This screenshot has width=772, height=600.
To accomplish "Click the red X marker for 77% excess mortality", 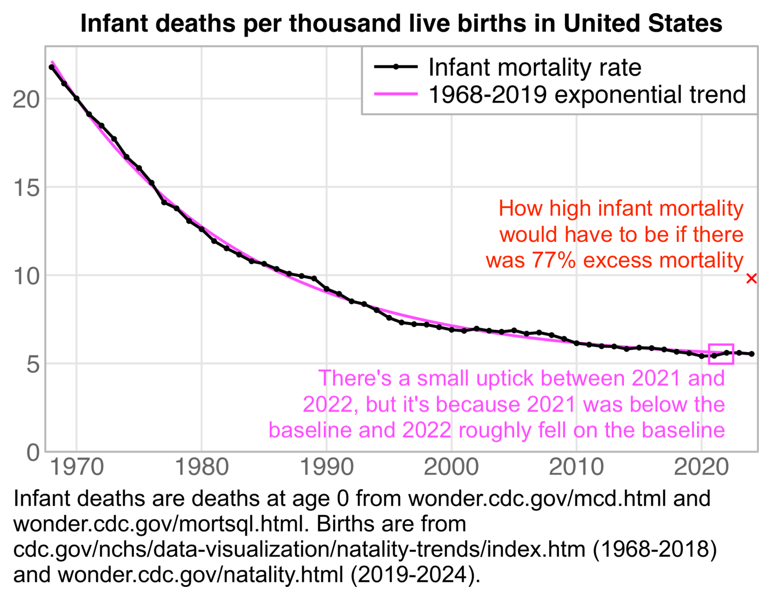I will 751,278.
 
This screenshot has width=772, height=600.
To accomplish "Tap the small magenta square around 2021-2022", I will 721,354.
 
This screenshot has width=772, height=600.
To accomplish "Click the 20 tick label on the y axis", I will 26,99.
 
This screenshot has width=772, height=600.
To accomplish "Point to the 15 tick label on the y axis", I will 26,188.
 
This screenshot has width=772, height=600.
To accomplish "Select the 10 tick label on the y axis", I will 26,276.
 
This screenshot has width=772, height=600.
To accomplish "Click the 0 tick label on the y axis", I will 33,453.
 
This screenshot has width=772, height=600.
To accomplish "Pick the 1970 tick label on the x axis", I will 76,467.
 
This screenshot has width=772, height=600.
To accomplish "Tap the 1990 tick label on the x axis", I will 327,467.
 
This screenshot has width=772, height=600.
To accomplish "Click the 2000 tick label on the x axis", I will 451,467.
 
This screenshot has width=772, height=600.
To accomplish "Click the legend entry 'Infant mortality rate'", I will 534,68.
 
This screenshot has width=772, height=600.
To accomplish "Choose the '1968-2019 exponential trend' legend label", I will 587,94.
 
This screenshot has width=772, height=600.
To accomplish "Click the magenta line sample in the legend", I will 396,94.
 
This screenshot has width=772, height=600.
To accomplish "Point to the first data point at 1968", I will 51,67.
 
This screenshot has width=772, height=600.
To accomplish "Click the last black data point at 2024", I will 752,354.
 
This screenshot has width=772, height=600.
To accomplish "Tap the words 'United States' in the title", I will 643,23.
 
